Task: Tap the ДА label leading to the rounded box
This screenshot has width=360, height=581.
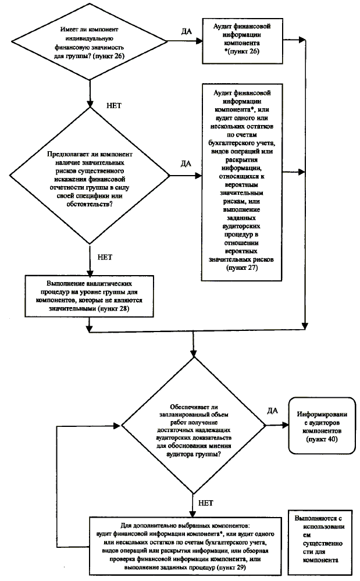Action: click(272, 410)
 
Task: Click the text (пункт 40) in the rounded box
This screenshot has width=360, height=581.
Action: click(323, 441)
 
